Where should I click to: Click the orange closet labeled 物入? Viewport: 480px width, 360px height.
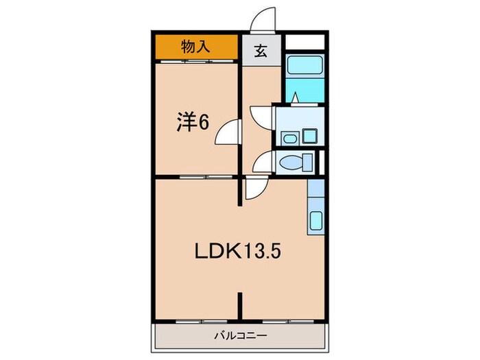tap(195, 48)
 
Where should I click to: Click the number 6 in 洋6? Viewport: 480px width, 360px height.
tap(204, 122)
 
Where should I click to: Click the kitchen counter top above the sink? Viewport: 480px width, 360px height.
tap(315, 195)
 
